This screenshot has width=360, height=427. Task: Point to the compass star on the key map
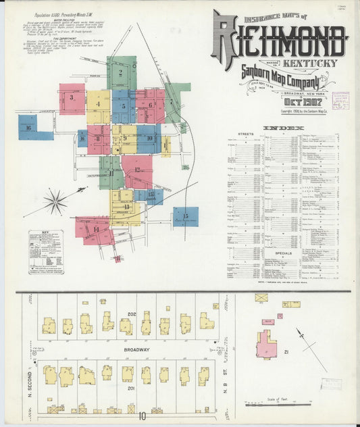coord(55,201)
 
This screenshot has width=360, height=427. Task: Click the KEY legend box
coord(45,251)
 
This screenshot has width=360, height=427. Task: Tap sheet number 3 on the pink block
coord(71,97)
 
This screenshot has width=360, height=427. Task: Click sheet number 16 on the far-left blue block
coord(28,126)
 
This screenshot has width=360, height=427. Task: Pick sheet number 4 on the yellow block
coord(98,103)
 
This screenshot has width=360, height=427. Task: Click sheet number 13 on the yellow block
coord(126,205)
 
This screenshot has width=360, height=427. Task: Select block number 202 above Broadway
coord(132,314)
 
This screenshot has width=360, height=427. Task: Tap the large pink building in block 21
coord(266,345)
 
